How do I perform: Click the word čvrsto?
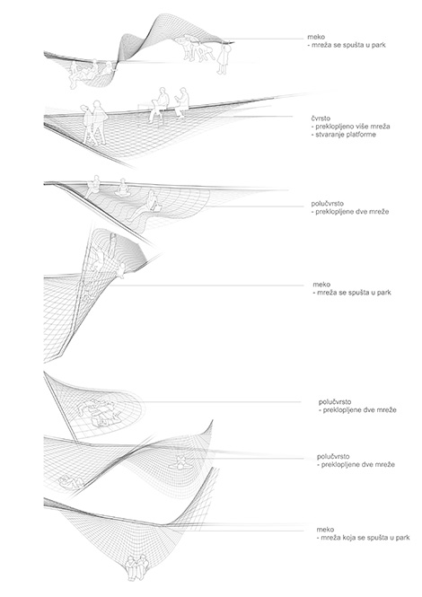coord(321,119)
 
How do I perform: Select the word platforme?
coord(362,135)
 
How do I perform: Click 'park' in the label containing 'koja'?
coord(402,538)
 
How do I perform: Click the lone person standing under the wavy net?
coord(222,58)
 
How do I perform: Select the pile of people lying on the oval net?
coord(98,412)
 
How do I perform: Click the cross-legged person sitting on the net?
coord(122,188)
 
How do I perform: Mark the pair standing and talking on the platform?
coord(94,122)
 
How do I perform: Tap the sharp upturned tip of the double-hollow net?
coord(212,421)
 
